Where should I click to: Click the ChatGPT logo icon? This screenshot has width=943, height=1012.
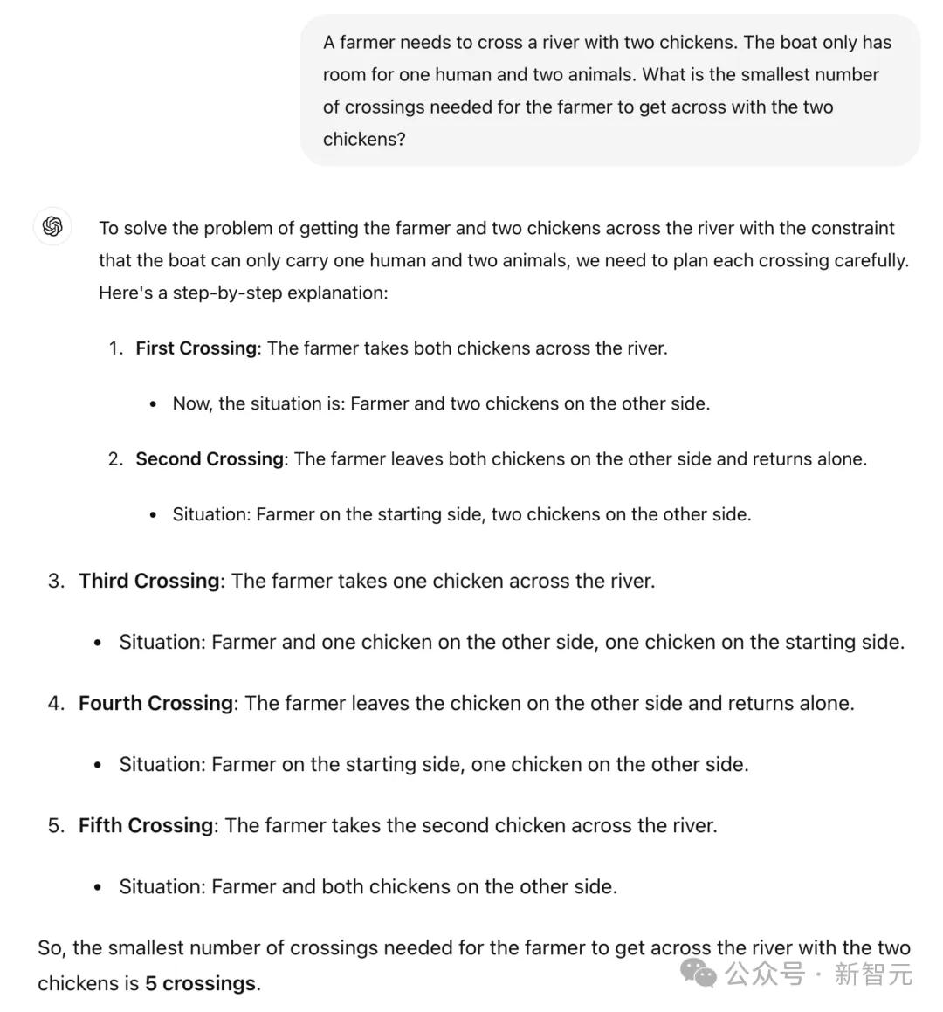click(52, 227)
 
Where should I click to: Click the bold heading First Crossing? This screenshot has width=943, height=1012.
click(196, 348)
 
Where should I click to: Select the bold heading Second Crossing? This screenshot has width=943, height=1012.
click(210, 459)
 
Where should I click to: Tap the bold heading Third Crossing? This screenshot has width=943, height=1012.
click(149, 581)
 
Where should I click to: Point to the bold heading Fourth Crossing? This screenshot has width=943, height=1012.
click(156, 703)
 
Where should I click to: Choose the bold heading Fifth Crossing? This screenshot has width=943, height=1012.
click(146, 825)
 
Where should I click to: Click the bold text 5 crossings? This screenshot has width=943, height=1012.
click(201, 983)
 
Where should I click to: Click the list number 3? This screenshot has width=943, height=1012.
click(56, 581)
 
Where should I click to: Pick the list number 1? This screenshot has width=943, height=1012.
click(115, 348)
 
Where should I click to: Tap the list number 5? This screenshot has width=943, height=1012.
click(56, 825)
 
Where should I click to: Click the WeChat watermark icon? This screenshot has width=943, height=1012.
click(699, 973)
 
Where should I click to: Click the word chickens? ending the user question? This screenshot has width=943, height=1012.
click(364, 140)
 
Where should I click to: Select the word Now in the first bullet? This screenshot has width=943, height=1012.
click(191, 403)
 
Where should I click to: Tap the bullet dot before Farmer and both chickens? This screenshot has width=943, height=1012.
click(100, 888)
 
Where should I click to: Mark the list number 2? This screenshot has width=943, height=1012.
click(115, 459)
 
